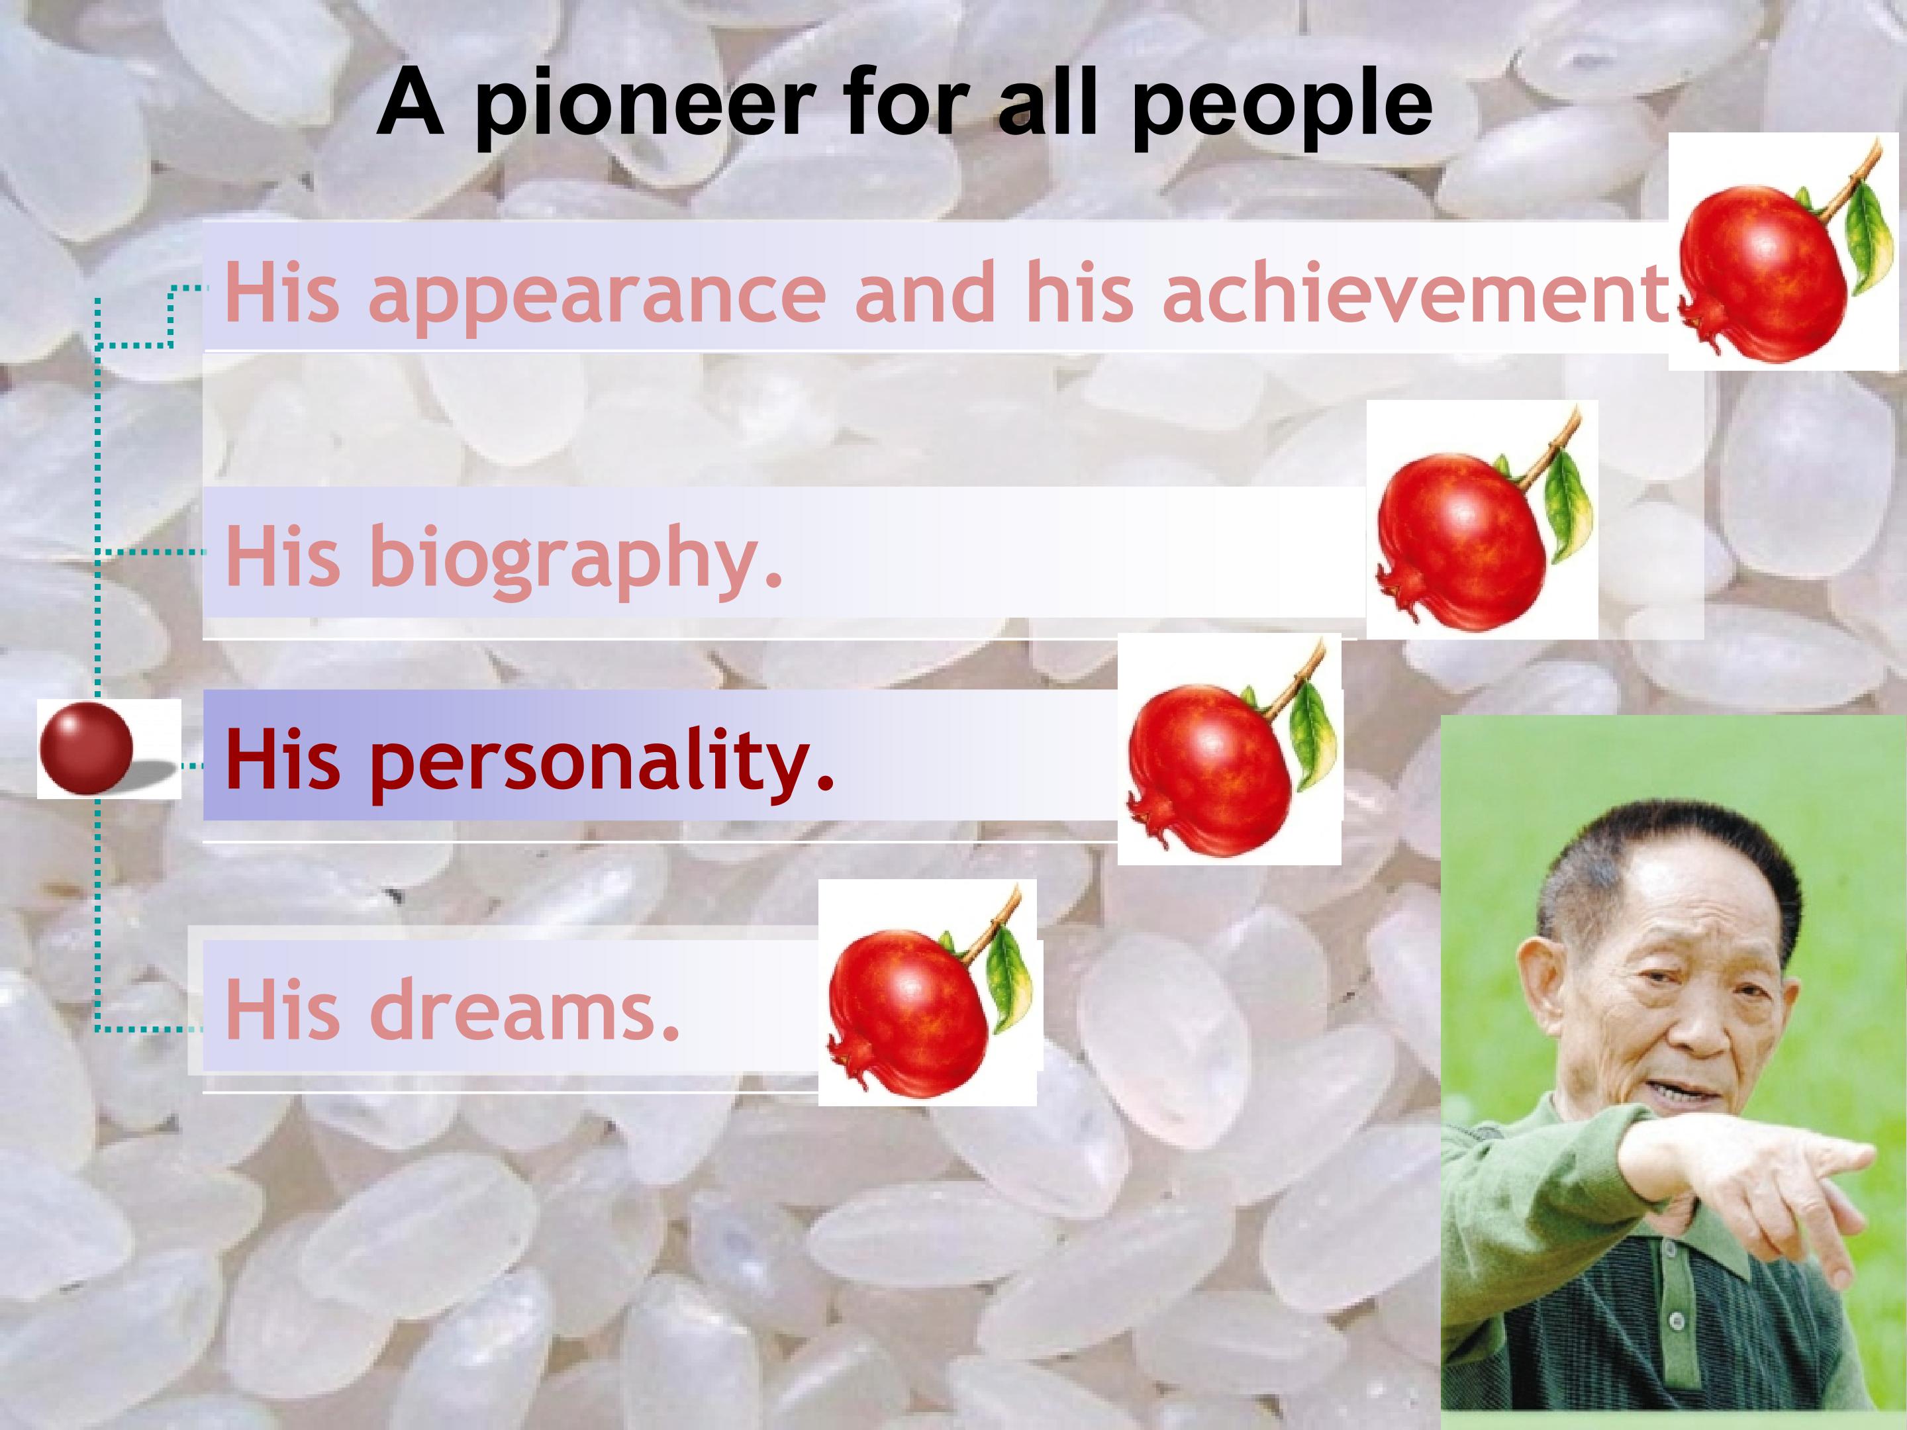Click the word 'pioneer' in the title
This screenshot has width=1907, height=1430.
(643, 108)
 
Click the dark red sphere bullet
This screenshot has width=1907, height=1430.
(86, 747)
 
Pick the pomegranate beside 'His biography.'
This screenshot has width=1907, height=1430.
(1465, 539)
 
